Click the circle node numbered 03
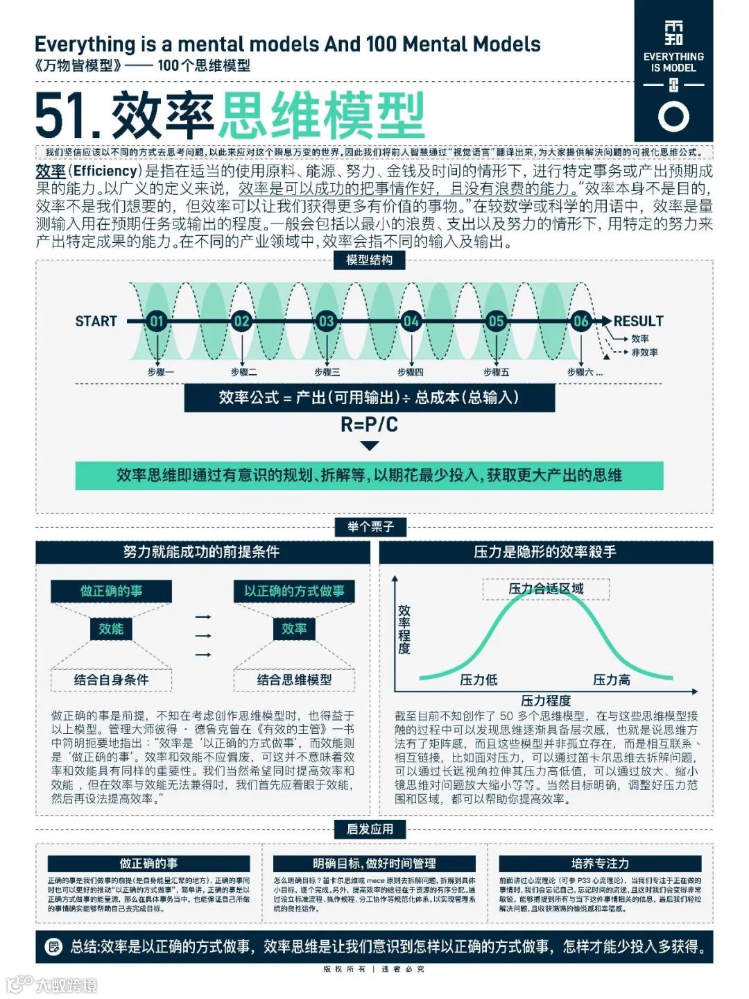(x=326, y=321)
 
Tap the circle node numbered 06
(x=580, y=321)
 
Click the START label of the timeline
(x=96, y=321)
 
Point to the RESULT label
(x=638, y=321)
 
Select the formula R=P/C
(x=369, y=424)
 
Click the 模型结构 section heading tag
(x=369, y=260)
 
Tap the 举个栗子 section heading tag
(x=370, y=527)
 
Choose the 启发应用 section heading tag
(x=370, y=829)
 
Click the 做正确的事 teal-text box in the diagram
(x=111, y=591)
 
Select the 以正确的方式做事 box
(x=294, y=591)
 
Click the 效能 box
(x=111, y=628)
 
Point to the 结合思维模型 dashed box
(x=294, y=680)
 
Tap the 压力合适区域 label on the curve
(x=546, y=589)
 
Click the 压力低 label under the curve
(x=479, y=680)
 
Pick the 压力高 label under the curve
(x=612, y=680)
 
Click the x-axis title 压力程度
(x=546, y=700)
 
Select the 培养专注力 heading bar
(x=600, y=864)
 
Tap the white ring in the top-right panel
(x=673, y=116)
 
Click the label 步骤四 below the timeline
(x=411, y=372)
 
